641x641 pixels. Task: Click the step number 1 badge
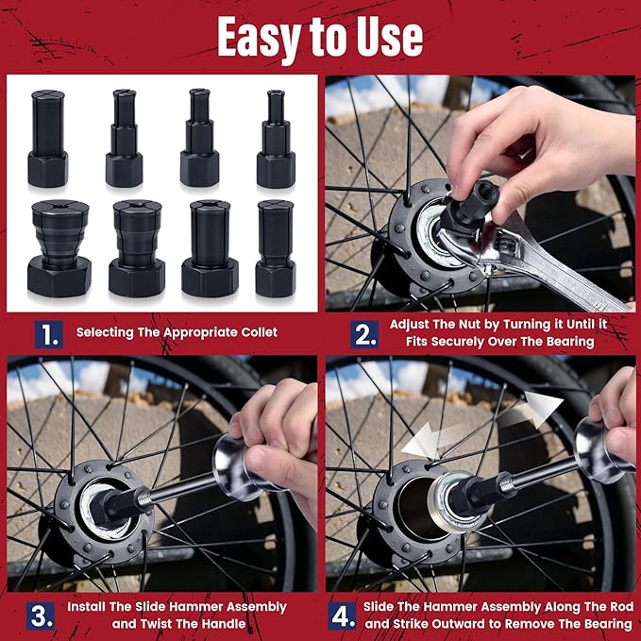click(48, 333)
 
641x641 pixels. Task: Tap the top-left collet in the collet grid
click(47, 137)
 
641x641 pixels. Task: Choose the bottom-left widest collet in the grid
click(59, 247)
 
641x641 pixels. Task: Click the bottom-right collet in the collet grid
click(275, 247)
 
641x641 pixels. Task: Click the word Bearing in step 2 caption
click(565, 342)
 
